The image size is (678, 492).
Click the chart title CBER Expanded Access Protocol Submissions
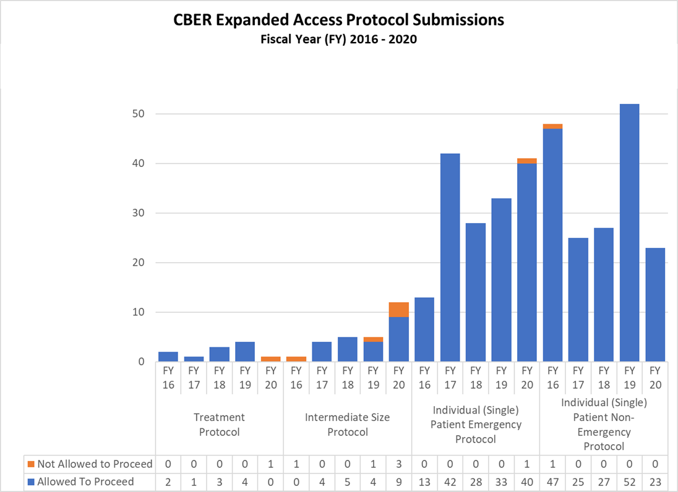(x=338, y=20)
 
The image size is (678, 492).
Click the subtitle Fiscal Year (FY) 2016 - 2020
(x=338, y=40)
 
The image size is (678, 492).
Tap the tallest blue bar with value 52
(x=629, y=232)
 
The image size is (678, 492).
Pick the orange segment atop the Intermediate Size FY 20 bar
(x=398, y=310)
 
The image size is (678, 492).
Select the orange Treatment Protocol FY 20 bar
(x=270, y=359)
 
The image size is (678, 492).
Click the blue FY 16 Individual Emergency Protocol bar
(x=424, y=329)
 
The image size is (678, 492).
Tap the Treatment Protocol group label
(x=219, y=425)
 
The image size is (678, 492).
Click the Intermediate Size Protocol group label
(x=347, y=425)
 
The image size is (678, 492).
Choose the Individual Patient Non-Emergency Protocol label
(x=603, y=424)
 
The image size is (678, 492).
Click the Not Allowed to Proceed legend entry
(x=89, y=464)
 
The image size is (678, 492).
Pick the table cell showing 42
(x=450, y=481)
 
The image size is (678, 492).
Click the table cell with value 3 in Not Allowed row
(x=398, y=464)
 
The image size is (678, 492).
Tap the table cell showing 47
(x=552, y=481)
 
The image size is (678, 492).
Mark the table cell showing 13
(x=424, y=481)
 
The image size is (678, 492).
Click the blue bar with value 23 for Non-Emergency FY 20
(x=654, y=305)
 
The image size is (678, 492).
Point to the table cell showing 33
(x=501, y=481)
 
